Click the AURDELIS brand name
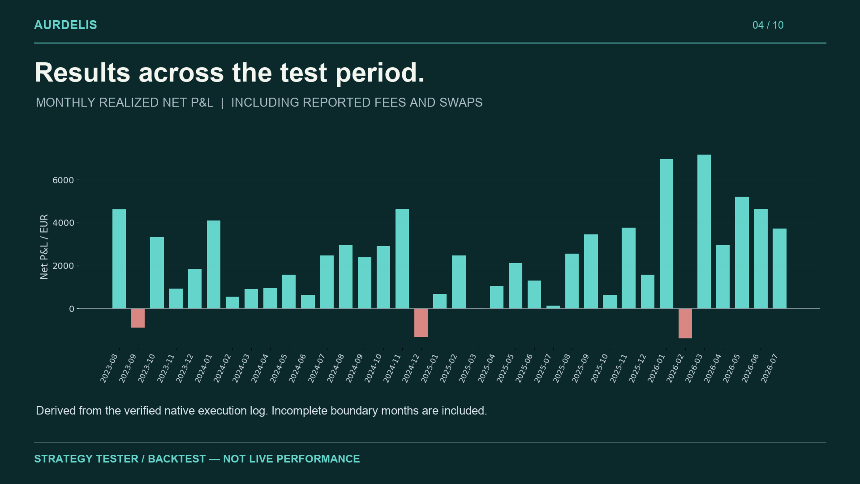point(65,25)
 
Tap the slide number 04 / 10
point(768,25)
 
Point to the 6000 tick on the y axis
point(63,180)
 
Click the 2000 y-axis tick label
point(63,266)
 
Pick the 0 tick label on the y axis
point(72,309)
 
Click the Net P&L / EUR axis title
point(44,246)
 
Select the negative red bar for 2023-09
point(138,318)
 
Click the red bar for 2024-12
point(421,323)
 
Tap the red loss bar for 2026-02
point(685,324)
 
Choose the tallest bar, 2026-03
point(704,232)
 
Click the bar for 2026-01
point(666,234)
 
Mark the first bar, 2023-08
point(119,259)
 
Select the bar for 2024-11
point(402,259)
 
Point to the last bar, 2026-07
point(779,268)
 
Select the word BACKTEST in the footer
point(177,459)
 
